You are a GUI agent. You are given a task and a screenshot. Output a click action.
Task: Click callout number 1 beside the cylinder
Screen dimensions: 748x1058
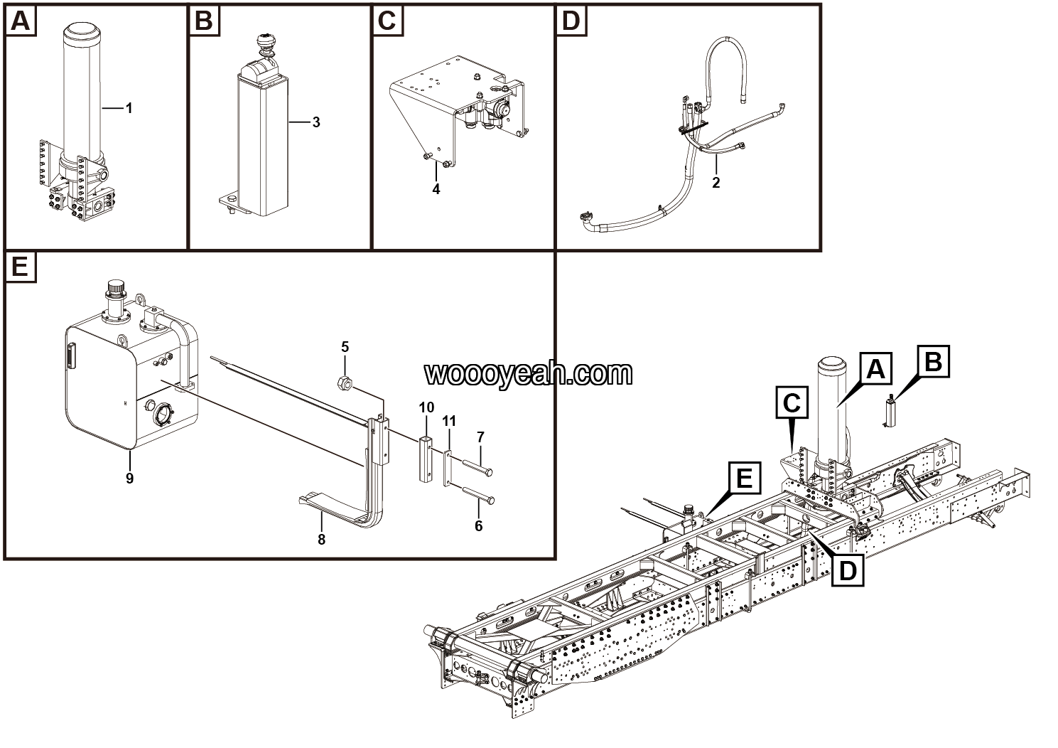[x=129, y=108]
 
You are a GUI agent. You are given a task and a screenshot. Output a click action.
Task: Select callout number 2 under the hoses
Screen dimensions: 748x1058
[x=716, y=183]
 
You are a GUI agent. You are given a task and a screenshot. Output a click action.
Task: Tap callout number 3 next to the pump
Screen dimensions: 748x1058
[x=315, y=122]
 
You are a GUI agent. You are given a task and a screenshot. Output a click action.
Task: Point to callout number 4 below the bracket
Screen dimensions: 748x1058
[x=436, y=189]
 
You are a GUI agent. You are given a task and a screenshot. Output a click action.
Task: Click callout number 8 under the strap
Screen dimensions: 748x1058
[x=321, y=540]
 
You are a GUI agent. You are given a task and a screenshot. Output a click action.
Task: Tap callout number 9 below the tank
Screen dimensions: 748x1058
[x=129, y=479]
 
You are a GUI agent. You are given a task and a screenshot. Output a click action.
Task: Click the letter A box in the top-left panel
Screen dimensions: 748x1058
[x=20, y=21]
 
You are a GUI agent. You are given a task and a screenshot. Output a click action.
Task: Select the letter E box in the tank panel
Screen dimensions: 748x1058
[x=20, y=267]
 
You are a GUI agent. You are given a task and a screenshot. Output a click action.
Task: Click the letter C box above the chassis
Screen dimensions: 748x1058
[x=792, y=403]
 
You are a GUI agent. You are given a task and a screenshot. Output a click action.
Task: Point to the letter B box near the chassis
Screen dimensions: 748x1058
[x=933, y=362]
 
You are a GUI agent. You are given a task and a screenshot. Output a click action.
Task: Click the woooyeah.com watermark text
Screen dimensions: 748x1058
[x=528, y=373]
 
